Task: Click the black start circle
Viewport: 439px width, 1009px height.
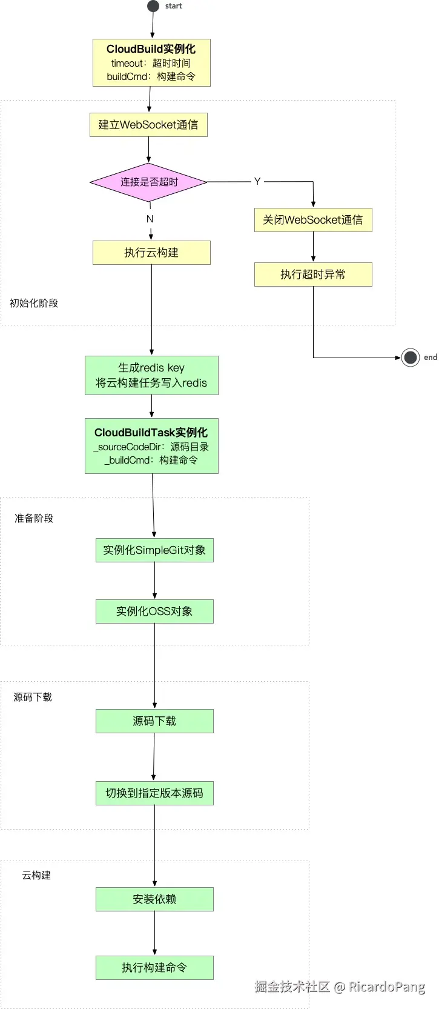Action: pos(153,6)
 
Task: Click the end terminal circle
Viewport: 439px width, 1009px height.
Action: pos(410,358)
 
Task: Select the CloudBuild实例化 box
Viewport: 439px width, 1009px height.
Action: pos(151,63)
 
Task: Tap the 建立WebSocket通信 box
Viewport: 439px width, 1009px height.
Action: pos(148,125)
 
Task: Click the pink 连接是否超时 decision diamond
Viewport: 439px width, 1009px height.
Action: pos(148,182)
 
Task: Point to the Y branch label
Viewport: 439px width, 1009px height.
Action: pos(257,181)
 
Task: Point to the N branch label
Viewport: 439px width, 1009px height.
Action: pos(150,219)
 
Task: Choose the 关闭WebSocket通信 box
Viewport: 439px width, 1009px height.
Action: pos(313,220)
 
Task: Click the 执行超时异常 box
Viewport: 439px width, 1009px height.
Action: pos(313,275)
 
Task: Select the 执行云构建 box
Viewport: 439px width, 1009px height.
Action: pos(151,253)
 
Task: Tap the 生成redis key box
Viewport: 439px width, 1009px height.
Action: pos(151,375)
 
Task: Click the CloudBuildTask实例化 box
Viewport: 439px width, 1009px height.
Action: pos(151,445)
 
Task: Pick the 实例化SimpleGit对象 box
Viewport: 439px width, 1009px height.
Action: pos(154,550)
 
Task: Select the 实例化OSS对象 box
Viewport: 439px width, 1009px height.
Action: pos(154,611)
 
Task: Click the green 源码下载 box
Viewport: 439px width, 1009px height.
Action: pos(154,721)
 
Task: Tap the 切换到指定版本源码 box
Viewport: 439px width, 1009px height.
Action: pos(154,793)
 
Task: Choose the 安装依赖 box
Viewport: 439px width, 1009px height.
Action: pos(154,899)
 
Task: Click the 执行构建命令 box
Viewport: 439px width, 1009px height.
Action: pos(154,968)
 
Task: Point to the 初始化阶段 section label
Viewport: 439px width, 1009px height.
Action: pos(34,303)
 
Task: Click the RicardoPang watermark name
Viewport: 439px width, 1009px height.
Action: pos(387,987)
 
